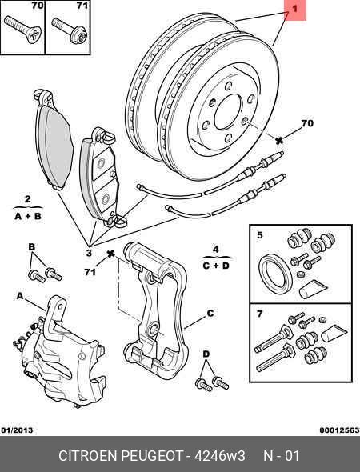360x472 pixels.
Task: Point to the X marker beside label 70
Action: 279,140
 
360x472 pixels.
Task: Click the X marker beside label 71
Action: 111,254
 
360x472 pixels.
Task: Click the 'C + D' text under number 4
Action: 215,265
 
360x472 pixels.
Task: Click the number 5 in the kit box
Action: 258,235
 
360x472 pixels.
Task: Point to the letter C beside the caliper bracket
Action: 210,314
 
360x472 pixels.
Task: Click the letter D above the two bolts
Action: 206,353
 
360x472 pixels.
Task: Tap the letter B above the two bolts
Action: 32,246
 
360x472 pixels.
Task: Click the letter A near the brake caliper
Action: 18,295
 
